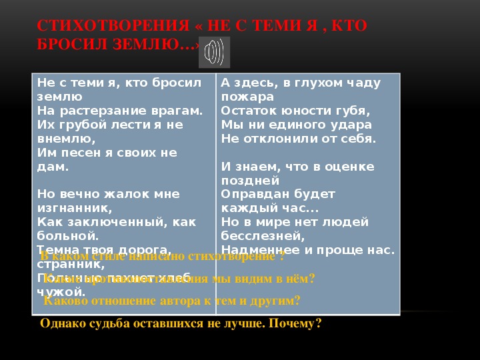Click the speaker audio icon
pyautogui.click(x=214, y=52)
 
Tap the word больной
pyautogui.click(x=68, y=236)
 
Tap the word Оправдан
pyautogui.click(x=251, y=194)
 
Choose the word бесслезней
pyautogui.click(x=263, y=236)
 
